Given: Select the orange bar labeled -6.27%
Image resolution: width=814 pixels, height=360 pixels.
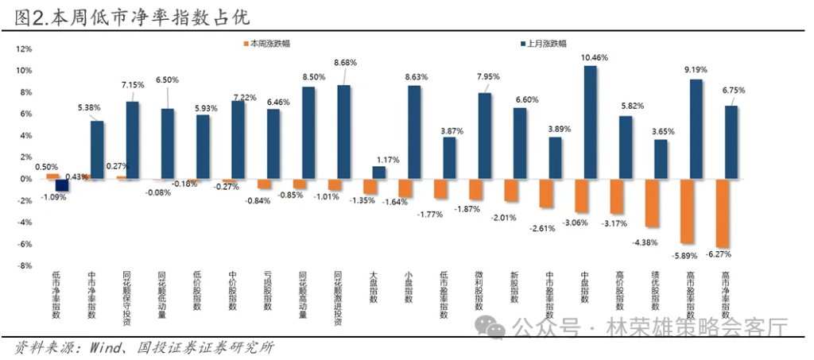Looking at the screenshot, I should coord(723,213).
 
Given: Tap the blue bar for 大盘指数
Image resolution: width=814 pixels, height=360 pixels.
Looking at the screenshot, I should coord(379,172).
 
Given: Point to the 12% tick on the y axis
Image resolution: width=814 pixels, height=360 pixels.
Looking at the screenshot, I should coord(24,49).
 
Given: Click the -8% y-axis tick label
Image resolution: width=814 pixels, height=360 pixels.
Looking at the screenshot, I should coord(24,265).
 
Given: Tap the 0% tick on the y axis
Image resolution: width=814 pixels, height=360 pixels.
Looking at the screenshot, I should coord(25,179).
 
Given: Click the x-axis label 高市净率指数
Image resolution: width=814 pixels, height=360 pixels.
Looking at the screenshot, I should coord(724,296).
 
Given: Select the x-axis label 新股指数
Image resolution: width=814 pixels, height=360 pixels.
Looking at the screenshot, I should coord(514,290).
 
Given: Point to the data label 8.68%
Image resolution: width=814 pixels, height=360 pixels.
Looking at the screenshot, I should coord(346,62).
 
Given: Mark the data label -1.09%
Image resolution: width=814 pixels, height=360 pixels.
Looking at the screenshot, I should coord(54,197).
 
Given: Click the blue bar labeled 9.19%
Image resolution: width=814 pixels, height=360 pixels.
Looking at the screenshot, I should coord(696,129).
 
